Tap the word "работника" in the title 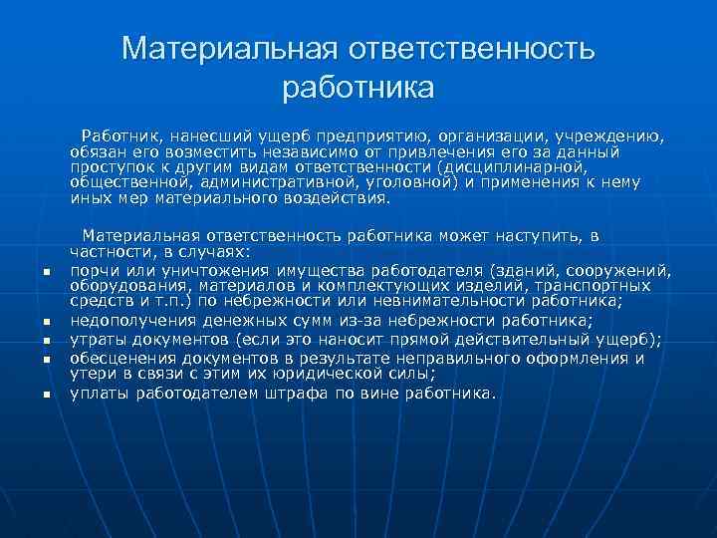[x=358, y=88]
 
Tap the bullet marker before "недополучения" [x=47, y=323]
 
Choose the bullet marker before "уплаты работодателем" [x=47, y=396]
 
